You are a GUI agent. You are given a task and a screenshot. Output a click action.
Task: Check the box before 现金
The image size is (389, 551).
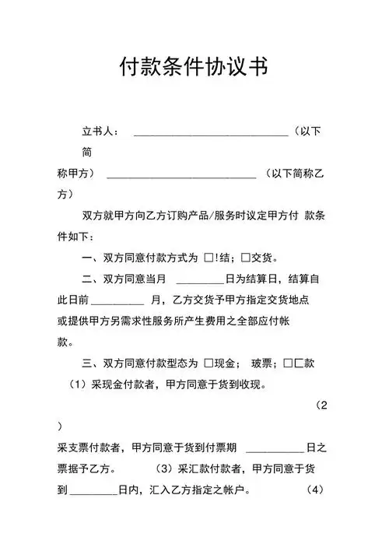point(209,363)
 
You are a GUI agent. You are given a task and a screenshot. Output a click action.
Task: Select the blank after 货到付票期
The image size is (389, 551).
point(274,449)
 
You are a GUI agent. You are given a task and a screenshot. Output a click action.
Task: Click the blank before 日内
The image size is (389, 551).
point(93,492)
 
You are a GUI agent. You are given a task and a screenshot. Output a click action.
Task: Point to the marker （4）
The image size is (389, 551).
point(314,491)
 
